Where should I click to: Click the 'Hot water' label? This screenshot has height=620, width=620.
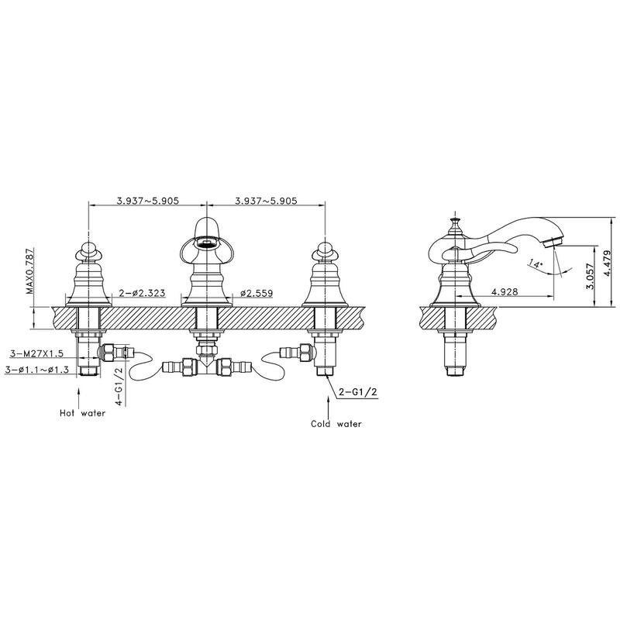(x=82, y=413)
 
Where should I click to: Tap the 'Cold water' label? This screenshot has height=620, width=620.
(x=336, y=424)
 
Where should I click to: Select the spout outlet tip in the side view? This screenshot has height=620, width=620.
(x=552, y=241)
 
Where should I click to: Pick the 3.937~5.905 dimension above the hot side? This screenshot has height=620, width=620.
(x=148, y=200)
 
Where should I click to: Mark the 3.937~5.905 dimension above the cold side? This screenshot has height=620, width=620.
(x=266, y=200)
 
